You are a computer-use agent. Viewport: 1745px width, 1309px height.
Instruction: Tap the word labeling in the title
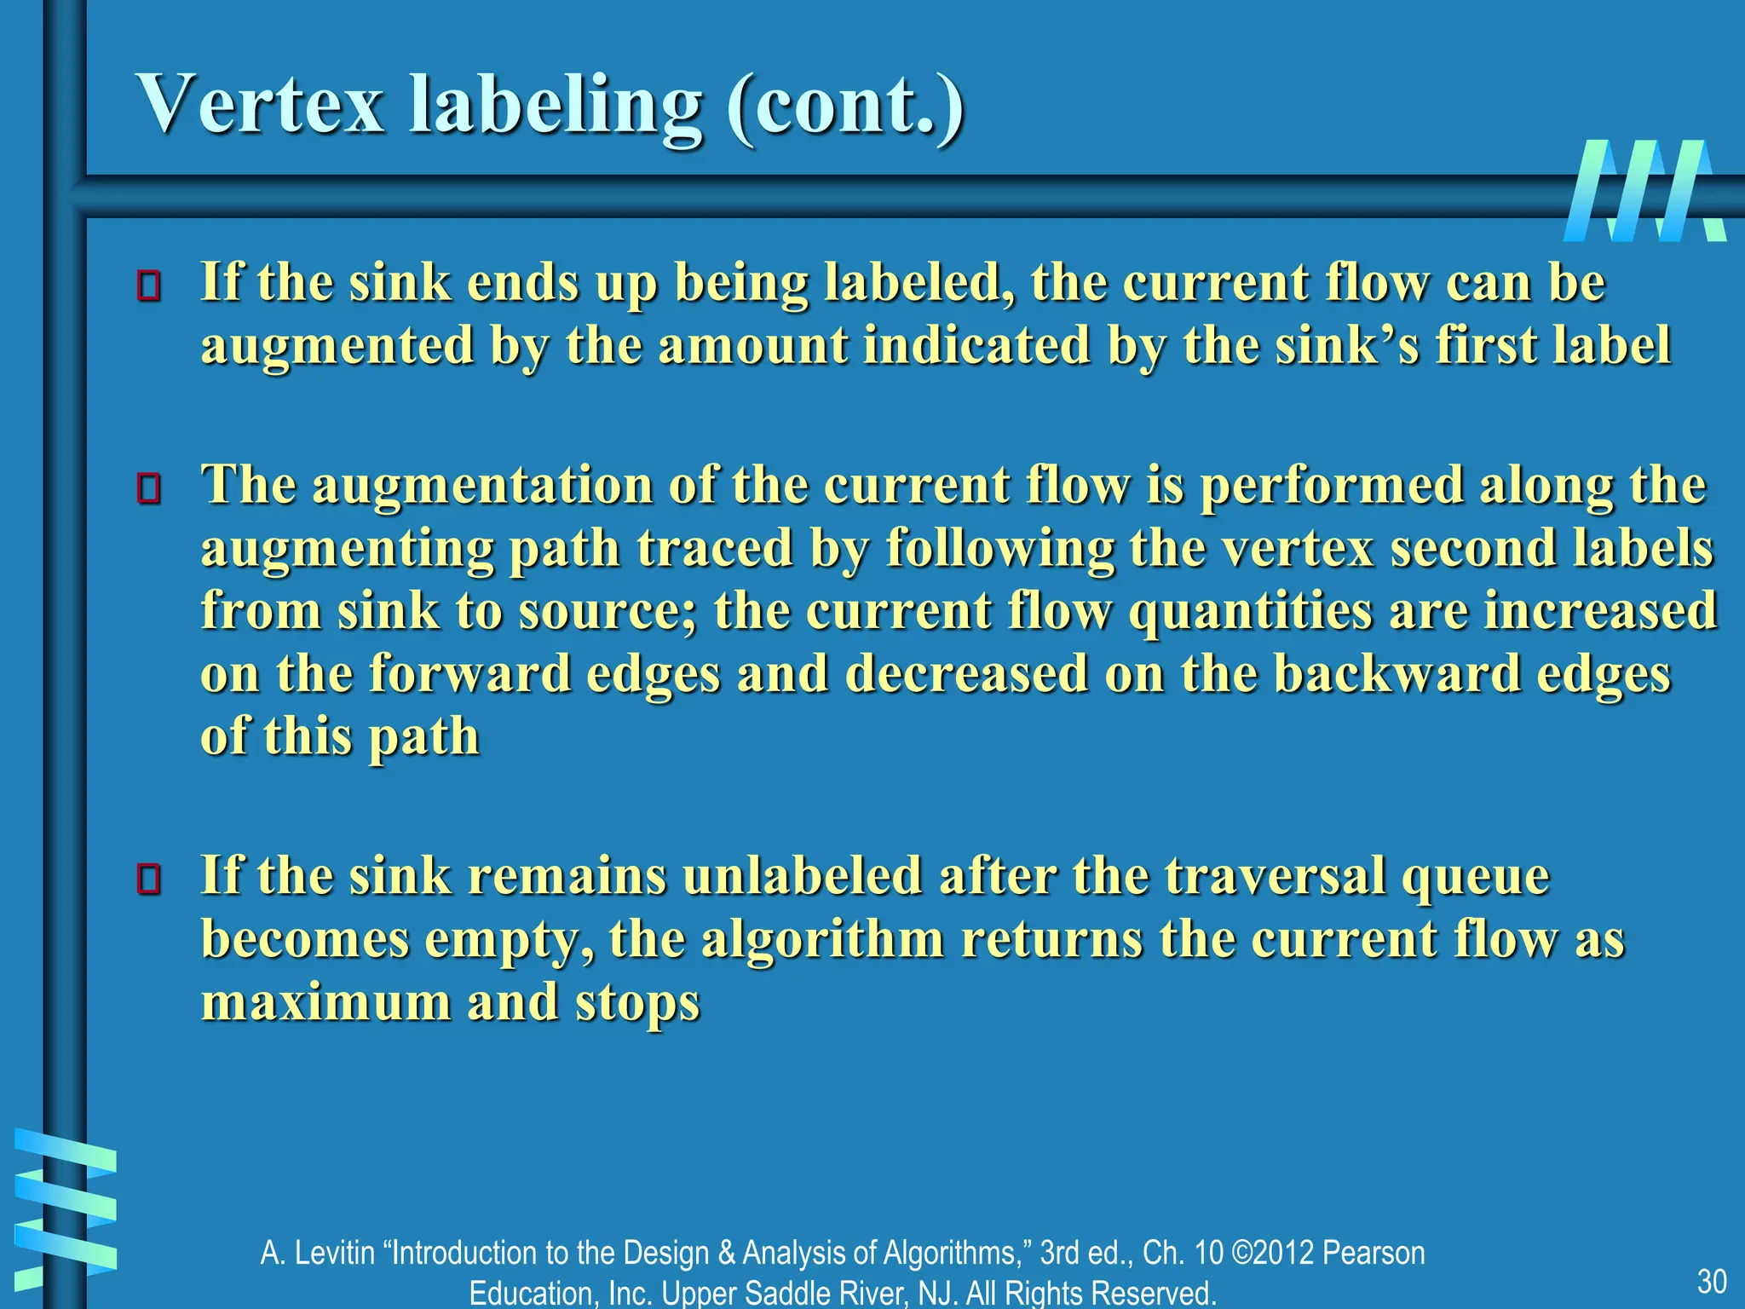556,107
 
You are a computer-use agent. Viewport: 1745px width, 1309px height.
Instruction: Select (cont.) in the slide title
845,107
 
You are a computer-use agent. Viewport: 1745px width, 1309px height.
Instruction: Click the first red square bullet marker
149,286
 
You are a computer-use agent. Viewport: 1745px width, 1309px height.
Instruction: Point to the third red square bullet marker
149,879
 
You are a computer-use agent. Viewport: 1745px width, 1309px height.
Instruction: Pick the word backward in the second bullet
1397,673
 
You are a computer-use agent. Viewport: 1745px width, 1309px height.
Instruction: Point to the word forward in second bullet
469,673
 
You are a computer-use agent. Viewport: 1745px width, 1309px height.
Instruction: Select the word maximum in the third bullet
325,1001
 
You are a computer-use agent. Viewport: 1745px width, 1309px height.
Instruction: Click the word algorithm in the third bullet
822,940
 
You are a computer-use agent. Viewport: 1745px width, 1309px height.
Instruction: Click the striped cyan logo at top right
1644,191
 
